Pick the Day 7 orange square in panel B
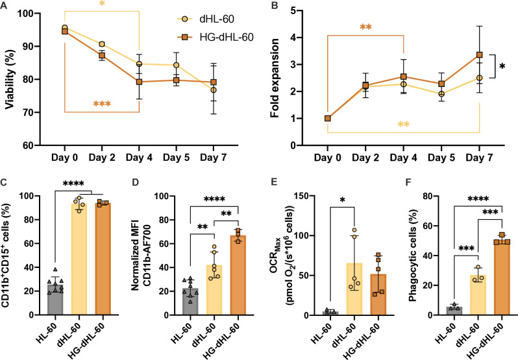coord(480,55)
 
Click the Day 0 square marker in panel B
coord(328,118)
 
